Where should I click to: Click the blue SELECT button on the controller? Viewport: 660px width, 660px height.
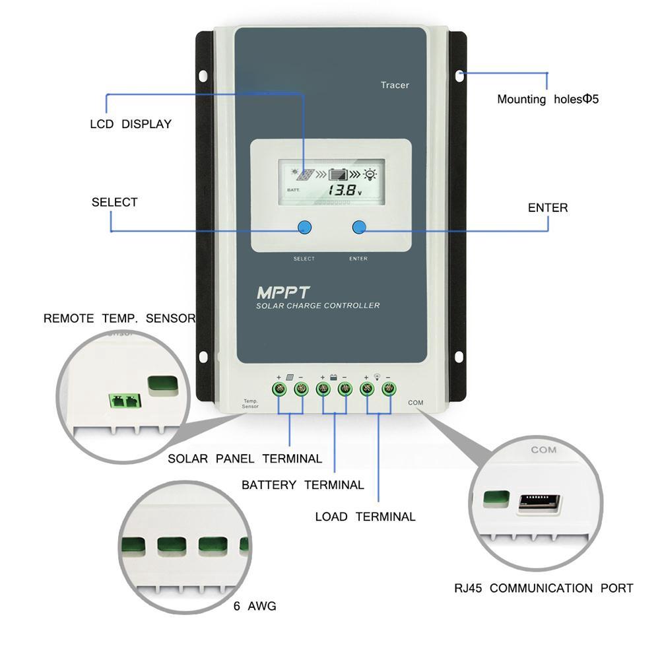pyautogui.click(x=304, y=228)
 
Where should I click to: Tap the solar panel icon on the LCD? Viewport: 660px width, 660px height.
pyautogui.click(x=306, y=176)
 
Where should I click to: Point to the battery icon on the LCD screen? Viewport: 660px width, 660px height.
pyautogui.click(x=338, y=176)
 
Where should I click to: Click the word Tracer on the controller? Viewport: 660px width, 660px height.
pyautogui.click(x=395, y=85)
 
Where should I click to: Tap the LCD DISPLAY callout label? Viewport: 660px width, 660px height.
pyautogui.click(x=131, y=124)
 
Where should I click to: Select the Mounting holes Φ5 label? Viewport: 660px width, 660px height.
pyautogui.click(x=547, y=100)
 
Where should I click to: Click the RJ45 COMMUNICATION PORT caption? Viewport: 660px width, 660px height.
pyautogui.click(x=543, y=588)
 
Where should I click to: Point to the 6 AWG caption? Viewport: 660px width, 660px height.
pyautogui.click(x=255, y=606)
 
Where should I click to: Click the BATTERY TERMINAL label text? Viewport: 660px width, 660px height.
pyautogui.click(x=302, y=485)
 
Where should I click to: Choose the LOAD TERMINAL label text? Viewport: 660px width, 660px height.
pyautogui.click(x=365, y=517)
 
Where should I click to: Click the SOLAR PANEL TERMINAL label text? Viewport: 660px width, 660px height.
pyautogui.click(x=245, y=459)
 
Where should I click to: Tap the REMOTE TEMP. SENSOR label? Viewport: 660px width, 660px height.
pyautogui.click(x=119, y=318)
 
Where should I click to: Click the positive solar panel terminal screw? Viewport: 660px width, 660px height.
pyautogui.click(x=279, y=389)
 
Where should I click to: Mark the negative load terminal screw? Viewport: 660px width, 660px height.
pyautogui.click(x=388, y=389)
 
